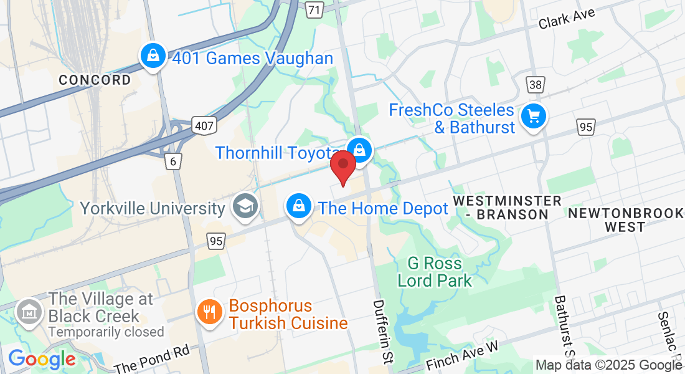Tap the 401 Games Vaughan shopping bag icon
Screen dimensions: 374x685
pos(153,57)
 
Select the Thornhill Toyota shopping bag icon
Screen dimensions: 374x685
pos(359,150)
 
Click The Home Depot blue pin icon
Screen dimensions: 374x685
pos(300,205)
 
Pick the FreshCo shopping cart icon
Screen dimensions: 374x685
pos(533,116)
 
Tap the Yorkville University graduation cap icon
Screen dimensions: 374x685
pos(245,206)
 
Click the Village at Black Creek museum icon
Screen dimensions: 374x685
pos(29,310)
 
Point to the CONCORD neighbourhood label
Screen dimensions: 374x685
pos(95,80)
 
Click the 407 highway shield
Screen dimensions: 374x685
pos(204,125)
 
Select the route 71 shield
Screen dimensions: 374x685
pos(316,9)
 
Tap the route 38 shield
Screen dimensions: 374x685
pos(535,84)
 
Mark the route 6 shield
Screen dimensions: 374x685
pos(173,161)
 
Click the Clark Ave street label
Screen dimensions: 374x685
pos(567,19)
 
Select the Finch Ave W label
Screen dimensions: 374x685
pos(463,356)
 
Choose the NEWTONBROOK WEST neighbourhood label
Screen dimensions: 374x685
pos(625,220)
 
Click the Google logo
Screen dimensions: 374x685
pos(42,359)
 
